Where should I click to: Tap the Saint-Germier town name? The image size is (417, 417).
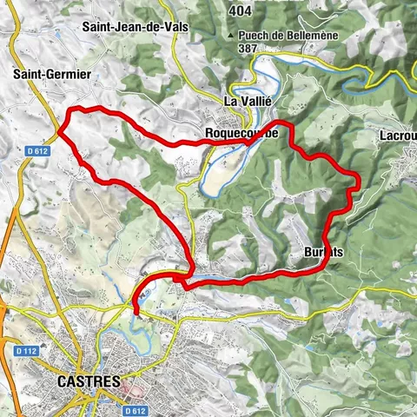tap(51, 75)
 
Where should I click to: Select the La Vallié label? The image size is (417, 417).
tap(248, 101)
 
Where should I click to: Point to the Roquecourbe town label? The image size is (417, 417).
tap(242, 133)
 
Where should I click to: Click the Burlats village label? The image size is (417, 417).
tap(325, 252)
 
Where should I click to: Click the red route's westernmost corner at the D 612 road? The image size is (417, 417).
tap(59, 133)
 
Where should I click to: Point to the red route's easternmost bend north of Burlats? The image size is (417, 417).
tap(357, 179)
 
